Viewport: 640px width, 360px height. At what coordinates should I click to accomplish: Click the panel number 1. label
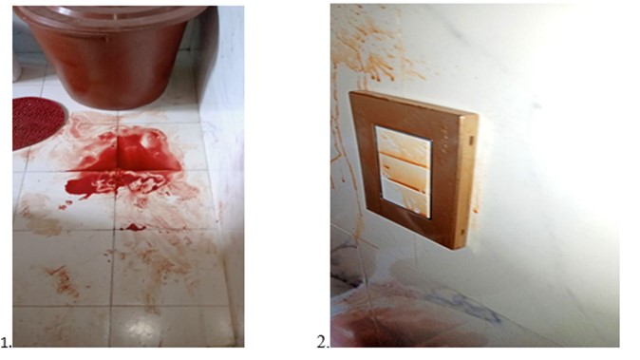[x=6, y=342]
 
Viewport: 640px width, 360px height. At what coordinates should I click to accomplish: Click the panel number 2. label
[x=323, y=342]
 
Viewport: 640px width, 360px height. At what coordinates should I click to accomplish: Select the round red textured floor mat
[x=38, y=123]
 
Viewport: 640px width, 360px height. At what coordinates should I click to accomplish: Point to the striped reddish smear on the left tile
[x=64, y=280]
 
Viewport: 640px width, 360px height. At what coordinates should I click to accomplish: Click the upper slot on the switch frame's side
[x=471, y=141]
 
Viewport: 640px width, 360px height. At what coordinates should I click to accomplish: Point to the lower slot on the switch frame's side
[x=463, y=233]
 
